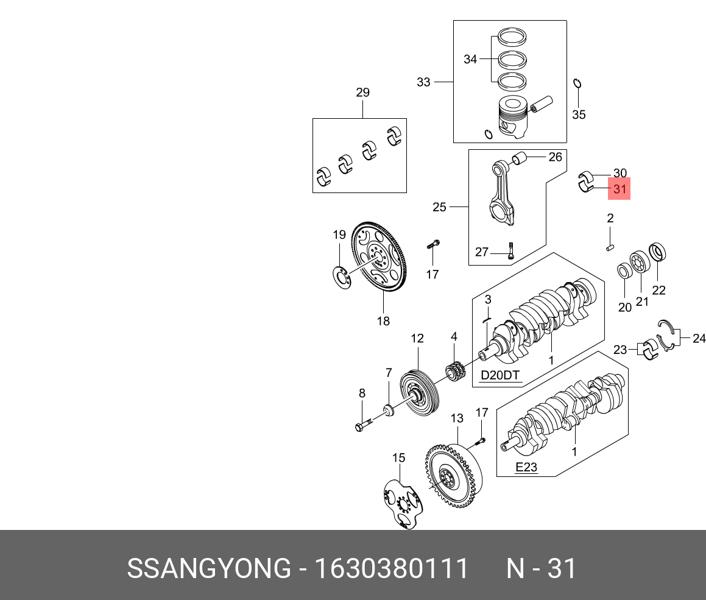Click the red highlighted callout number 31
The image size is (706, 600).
tap(620, 189)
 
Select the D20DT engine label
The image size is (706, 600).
tap(500, 375)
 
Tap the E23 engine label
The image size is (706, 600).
tap(526, 467)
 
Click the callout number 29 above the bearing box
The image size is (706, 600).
tap(362, 93)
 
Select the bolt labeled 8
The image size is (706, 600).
tap(362, 423)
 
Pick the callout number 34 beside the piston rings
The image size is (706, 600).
tap(470, 60)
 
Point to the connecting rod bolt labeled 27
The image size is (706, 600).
tap(511, 250)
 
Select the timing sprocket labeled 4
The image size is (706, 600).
tap(456, 372)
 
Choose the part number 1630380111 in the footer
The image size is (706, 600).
tap(391, 568)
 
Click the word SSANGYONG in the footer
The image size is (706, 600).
tap(208, 568)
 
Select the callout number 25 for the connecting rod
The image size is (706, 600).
tap(439, 207)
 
